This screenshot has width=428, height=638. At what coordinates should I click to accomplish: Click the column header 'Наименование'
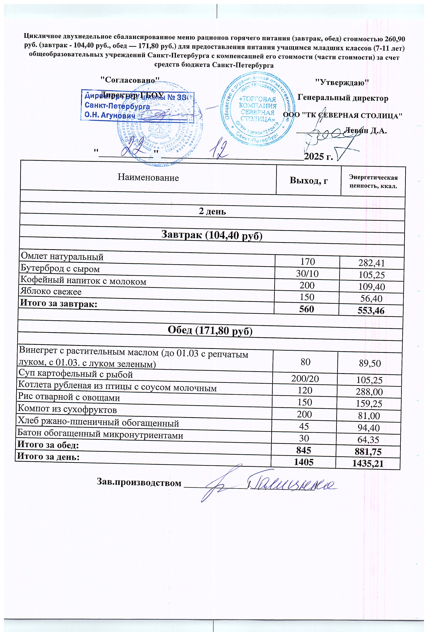pyautogui.click(x=148, y=178)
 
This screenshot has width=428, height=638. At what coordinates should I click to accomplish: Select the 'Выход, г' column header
pyautogui.click(x=309, y=180)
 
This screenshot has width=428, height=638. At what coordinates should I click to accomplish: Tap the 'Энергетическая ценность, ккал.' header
pyautogui.click(x=373, y=182)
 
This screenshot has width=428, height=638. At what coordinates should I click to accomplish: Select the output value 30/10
pyautogui.click(x=307, y=274)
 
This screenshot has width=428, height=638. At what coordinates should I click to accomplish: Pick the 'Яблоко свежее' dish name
pyautogui.click(x=51, y=292)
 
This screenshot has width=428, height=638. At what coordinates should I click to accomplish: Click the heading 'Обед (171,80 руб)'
pyautogui.click(x=210, y=331)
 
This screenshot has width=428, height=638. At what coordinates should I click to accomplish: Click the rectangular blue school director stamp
pyautogui.click(x=137, y=106)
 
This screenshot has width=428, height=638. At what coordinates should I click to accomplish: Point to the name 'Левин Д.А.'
pyautogui.click(x=366, y=131)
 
